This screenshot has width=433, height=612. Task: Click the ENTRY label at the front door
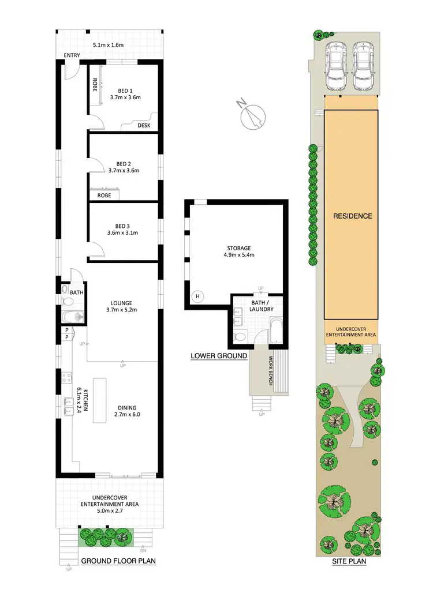(x=72, y=55)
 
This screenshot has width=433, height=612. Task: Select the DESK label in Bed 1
(x=144, y=125)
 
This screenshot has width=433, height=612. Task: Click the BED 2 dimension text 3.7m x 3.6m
(x=124, y=171)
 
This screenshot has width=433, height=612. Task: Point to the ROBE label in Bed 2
(x=104, y=196)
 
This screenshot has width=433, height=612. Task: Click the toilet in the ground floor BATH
(x=65, y=301)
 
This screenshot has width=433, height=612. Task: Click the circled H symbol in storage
(x=198, y=296)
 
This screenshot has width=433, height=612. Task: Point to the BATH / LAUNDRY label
(x=257, y=305)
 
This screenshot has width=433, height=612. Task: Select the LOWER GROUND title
(x=219, y=356)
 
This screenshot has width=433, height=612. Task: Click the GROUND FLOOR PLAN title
(x=118, y=561)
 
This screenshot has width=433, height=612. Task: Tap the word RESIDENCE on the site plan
(x=353, y=216)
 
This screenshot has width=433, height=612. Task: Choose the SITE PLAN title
(x=349, y=561)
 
